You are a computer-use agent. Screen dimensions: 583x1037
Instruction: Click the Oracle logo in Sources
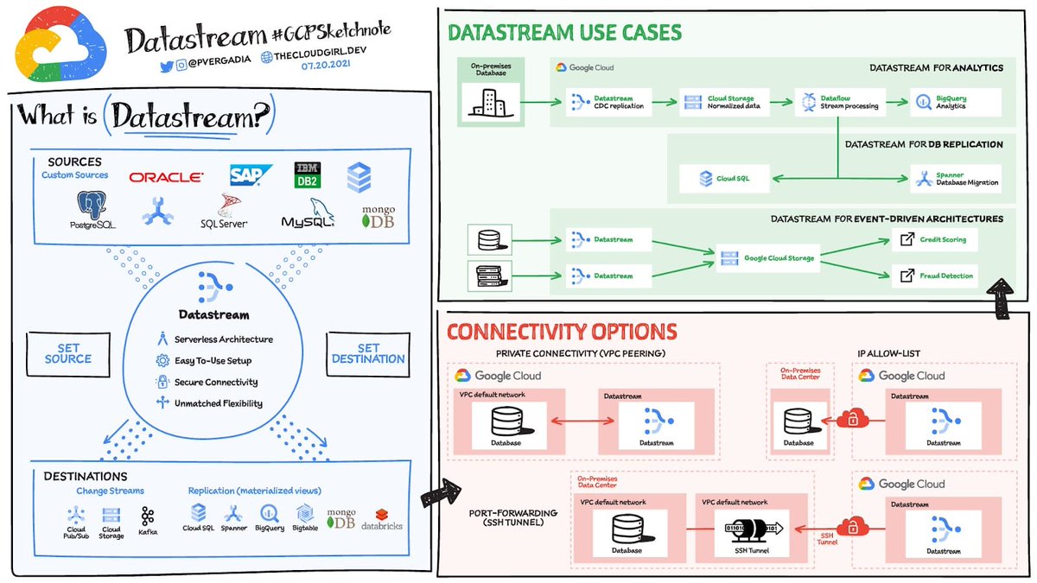click(167, 177)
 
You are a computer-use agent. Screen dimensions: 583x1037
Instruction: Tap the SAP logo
click(251, 175)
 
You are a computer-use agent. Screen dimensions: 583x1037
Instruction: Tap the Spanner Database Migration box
click(954, 179)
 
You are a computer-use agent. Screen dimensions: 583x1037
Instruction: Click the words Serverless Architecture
click(224, 339)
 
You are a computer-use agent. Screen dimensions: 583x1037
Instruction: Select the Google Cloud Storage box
click(768, 257)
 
